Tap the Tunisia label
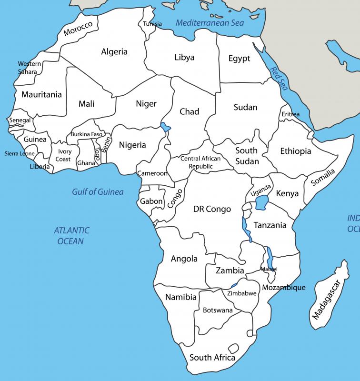click(152, 24)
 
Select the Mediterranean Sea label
click(210, 23)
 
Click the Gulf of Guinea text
click(98, 192)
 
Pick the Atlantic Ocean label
click(71, 236)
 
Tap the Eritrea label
click(290, 114)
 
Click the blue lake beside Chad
click(165, 127)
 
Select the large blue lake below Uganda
click(261, 204)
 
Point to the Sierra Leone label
click(20, 154)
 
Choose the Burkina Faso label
click(87, 134)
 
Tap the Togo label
click(97, 153)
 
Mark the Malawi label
click(269, 270)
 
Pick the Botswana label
click(218, 310)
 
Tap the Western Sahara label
click(28, 68)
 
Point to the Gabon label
click(151, 201)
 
